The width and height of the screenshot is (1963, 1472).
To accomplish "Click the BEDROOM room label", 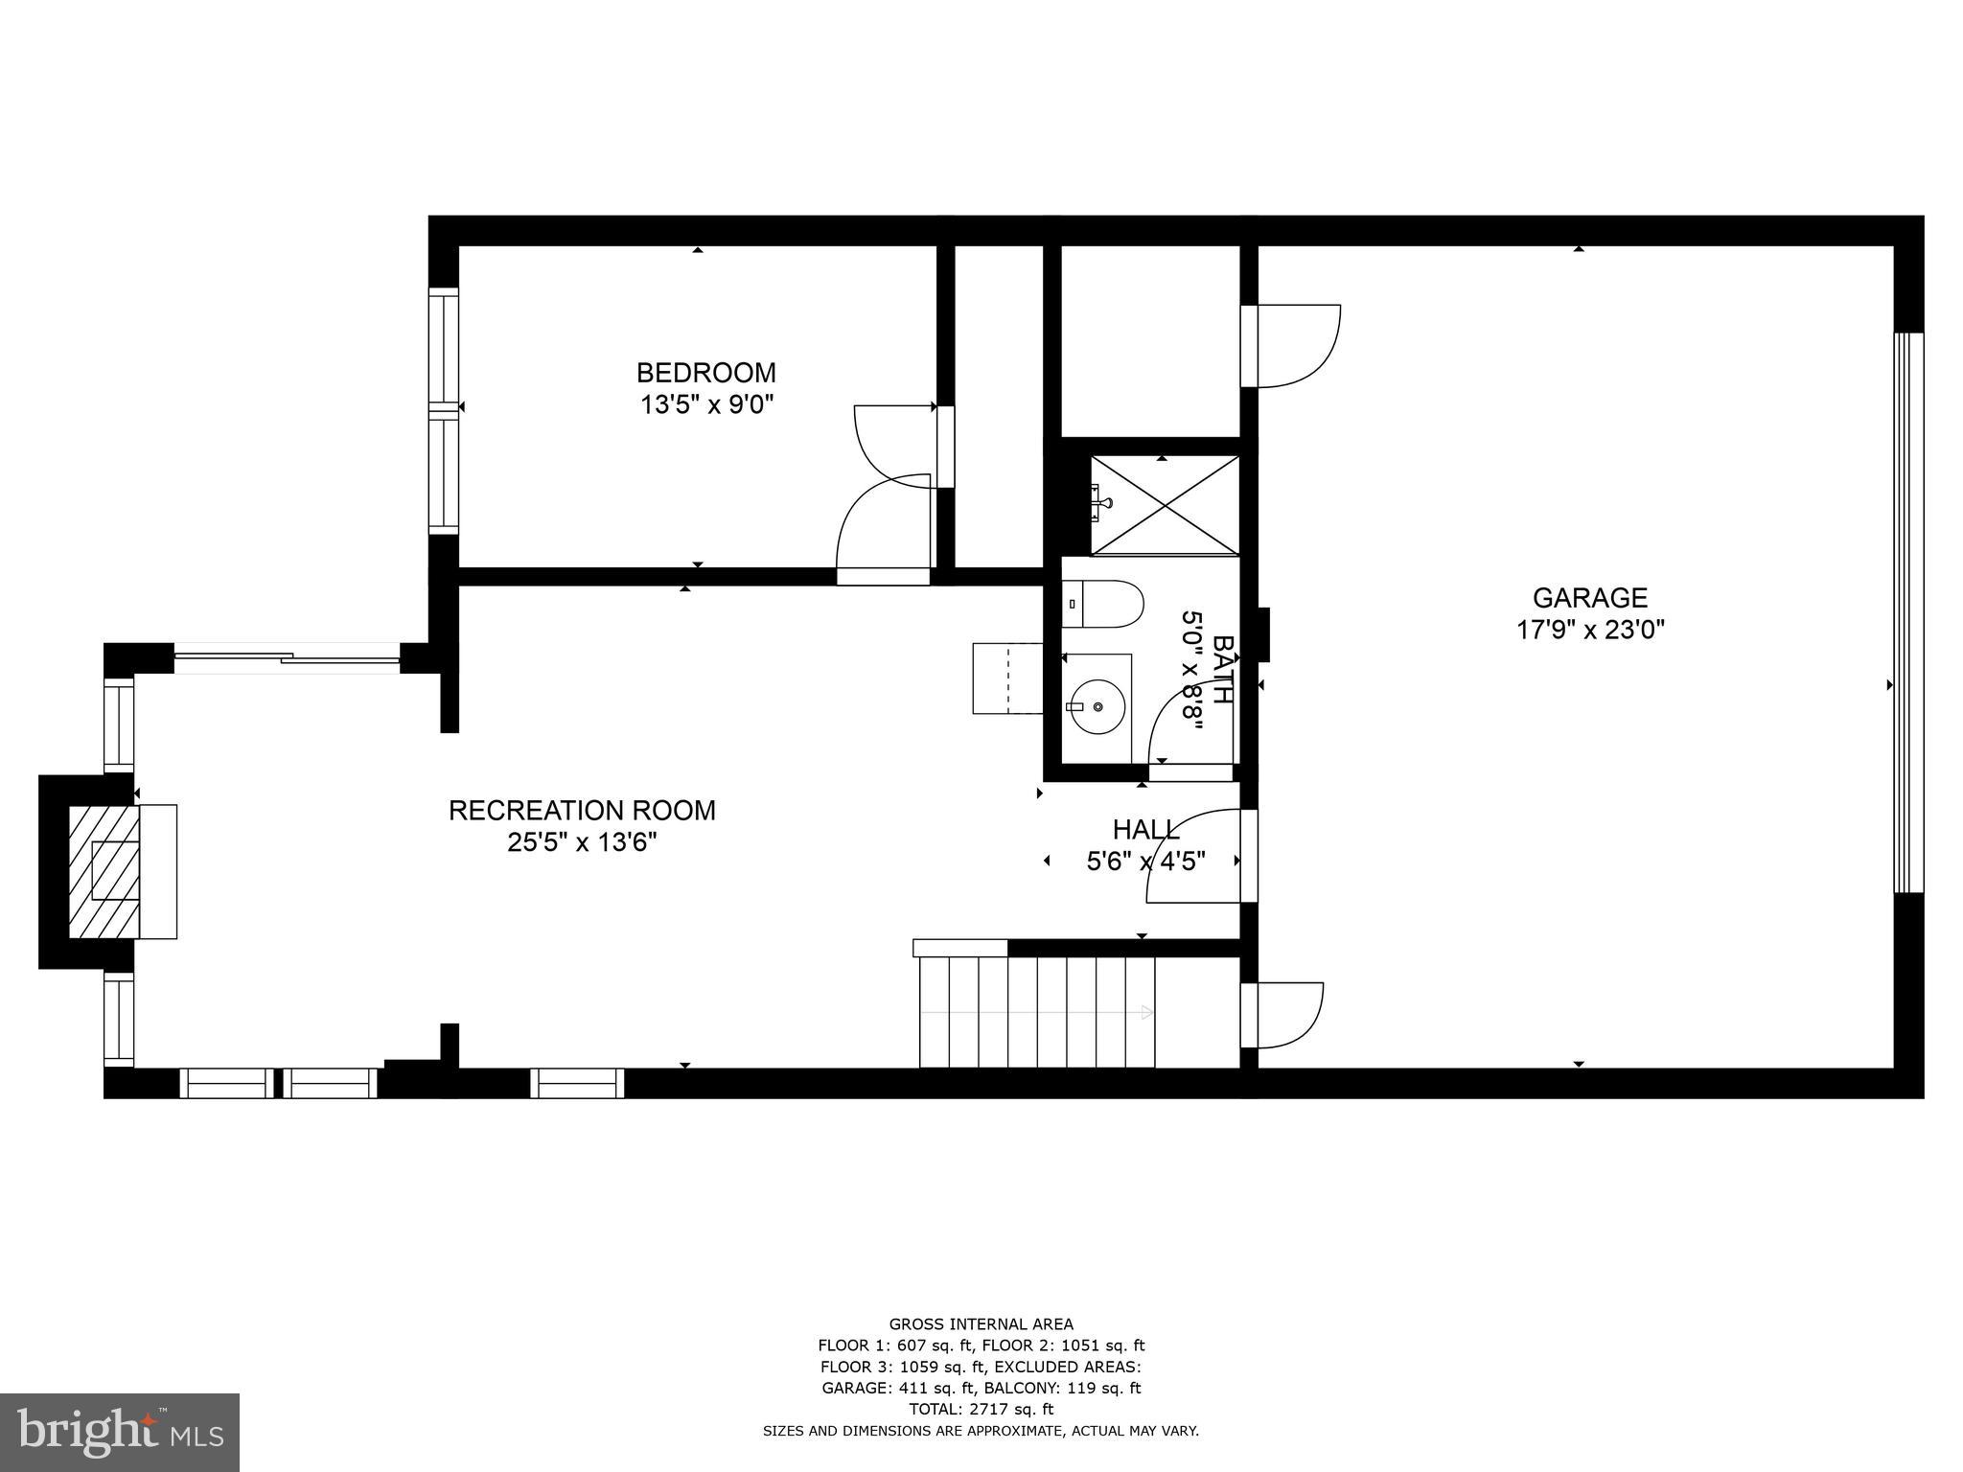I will coord(706,372).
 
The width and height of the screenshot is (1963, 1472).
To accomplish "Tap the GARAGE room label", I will coord(1589,598).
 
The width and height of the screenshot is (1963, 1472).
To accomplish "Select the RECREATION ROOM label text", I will coord(582,811).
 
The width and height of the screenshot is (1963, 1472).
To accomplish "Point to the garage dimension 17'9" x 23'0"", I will coord(1589,631).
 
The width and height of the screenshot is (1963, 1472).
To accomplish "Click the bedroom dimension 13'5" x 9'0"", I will coord(706,404).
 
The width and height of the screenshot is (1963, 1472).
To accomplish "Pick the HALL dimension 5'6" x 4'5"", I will coord(1145,862).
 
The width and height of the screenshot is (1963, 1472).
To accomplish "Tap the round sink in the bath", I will coord(1097,707).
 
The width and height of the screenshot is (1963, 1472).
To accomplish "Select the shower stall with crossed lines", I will coord(1165,505).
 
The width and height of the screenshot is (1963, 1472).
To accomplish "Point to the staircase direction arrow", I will coord(1145,1012).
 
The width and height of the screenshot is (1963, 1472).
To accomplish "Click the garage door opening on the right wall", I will coord(1908,613).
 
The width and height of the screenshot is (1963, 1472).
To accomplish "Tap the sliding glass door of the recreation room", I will coord(288,658).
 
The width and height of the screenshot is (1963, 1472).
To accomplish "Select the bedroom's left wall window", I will coord(444,410).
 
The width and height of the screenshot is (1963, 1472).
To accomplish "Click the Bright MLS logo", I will coord(120,1431).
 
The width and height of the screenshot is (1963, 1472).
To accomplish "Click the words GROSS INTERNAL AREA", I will coord(981,1324).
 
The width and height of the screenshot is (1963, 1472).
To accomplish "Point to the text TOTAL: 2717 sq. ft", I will coord(981,1409).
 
